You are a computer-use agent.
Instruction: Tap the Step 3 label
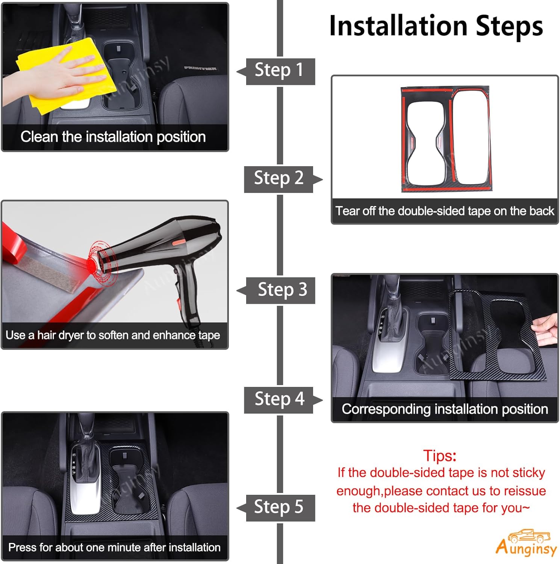[282, 290]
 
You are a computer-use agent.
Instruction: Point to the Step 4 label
[280, 399]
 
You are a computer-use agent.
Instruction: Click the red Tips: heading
[440, 455]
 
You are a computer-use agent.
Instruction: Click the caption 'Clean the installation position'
[113, 137]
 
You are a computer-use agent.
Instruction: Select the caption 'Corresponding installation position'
[445, 409]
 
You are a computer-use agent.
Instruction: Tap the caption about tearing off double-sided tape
[445, 211]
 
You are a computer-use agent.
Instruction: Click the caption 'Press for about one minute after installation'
[114, 547]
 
